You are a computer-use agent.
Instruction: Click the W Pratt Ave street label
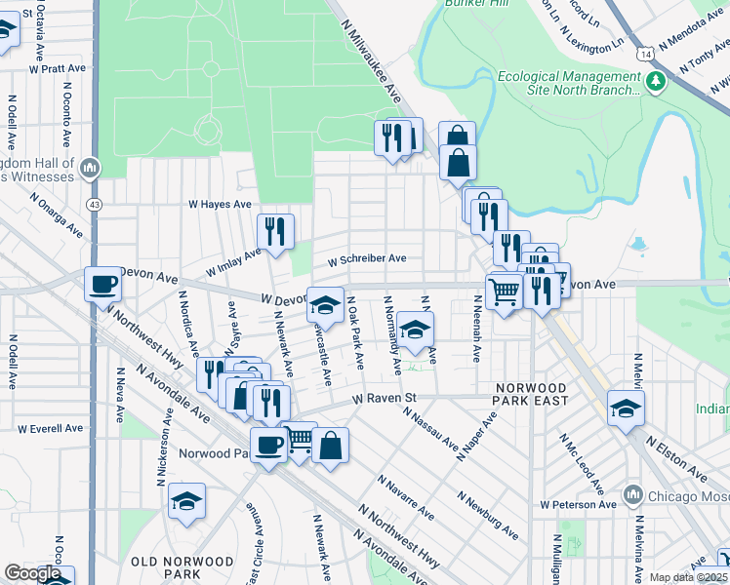pos(59,69)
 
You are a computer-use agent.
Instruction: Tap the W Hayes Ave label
pos(220,205)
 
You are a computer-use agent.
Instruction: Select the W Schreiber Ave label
pos(366,260)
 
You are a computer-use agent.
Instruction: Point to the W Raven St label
pos(385,398)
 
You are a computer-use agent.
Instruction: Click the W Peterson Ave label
pos(579,505)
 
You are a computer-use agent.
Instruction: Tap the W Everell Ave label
pos(50,428)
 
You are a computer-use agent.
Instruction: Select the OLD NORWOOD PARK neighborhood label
pos(182,569)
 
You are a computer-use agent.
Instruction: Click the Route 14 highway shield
pos(645,57)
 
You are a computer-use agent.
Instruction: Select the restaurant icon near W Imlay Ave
pos(275,231)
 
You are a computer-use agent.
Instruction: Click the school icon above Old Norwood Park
pos(186,501)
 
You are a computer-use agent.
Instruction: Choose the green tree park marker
pos(656,79)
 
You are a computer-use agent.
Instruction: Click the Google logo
pos(32,573)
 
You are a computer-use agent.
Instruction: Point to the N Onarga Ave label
pos(55,214)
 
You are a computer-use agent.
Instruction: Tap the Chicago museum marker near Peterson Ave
pos(632,495)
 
